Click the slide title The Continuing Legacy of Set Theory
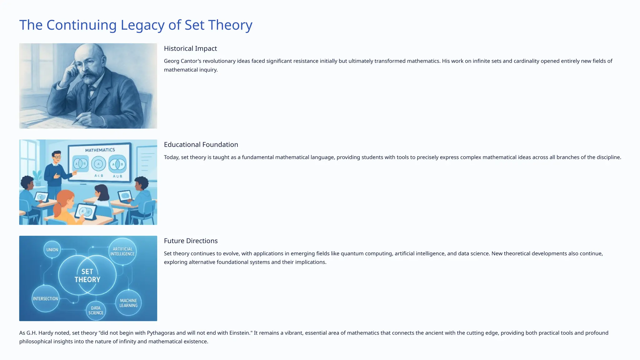pyautogui.click(x=136, y=25)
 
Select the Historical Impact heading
pyautogui.click(x=190, y=48)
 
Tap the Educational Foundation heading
pyautogui.click(x=201, y=145)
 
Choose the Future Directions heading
pyautogui.click(x=191, y=241)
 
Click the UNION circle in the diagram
pyautogui.click(x=52, y=250)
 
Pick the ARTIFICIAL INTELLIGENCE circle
pyautogui.click(x=122, y=252)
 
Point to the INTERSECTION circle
pyautogui.click(x=46, y=298)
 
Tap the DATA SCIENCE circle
pyautogui.click(x=96, y=310)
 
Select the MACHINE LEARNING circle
pyautogui.click(x=128, y=303)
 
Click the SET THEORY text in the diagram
pyautogui.click(x=87, y=276)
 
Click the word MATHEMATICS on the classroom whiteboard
pyautogui.click(x=100, y=150)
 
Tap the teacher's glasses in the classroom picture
pyautogui.click(x=57, y=157)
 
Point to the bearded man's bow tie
pyautogui.click(x=92, y=88)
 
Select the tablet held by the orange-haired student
pyautogui.click(x=85, y=212)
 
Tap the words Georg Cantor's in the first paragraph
pyautogui.click(x=182, y=61)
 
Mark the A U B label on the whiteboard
pyautogui.click(x=117, y=176)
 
